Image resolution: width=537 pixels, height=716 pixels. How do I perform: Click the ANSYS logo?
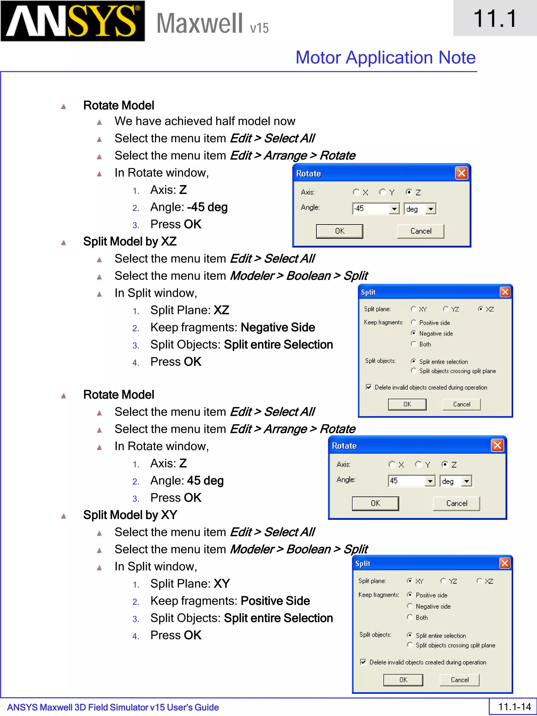click(73, 21)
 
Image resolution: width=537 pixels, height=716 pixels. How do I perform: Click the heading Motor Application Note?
click(385, 58)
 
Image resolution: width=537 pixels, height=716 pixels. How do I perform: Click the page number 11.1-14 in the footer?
click(514, 707)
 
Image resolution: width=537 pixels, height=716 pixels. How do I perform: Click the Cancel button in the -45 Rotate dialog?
click(421, 231)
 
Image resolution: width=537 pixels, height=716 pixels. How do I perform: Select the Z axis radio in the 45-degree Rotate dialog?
click(445, 465)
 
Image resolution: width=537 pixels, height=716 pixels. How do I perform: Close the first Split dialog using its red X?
click(505, 292)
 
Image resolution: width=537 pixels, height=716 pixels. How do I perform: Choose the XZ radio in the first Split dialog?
click(481, 309)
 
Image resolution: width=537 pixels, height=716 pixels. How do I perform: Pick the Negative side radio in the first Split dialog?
click(413, 333)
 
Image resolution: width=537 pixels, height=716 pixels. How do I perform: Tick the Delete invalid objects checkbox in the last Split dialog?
click(363, 662)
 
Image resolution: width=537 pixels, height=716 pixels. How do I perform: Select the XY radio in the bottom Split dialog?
click(410, 581)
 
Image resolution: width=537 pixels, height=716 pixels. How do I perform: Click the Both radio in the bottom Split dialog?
click(410, 617)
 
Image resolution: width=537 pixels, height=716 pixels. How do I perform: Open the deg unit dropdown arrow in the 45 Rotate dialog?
click(466, 481)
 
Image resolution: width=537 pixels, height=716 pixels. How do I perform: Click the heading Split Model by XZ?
click(130, 241)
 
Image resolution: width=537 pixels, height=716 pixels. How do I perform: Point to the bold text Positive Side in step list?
click(275, 601)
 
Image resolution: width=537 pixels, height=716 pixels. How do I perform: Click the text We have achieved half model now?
click(205, 121)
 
